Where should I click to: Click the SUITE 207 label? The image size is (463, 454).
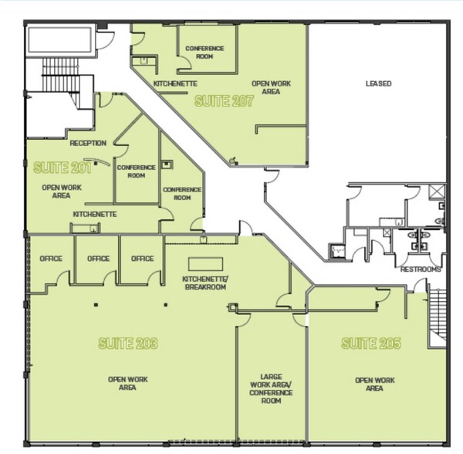tap(224, 101)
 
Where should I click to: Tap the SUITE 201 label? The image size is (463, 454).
tap(63, 168)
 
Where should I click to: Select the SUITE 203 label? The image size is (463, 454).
tap(128, 344)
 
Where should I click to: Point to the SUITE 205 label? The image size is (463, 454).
tap(371, 344)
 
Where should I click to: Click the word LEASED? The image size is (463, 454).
tap(379, 83)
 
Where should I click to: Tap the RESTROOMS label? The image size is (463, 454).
tap(421, 269)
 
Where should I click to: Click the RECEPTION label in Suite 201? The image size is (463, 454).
tap(88, 144)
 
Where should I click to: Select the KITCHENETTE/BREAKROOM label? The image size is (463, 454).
tap(205, 283)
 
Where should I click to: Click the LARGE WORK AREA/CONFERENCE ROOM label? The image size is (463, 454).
tap(271, 388)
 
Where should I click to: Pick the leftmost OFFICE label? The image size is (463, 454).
tap(51, 259)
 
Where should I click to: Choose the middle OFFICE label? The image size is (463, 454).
tap(98, 259)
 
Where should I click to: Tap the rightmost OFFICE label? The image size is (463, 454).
tap(142, 259)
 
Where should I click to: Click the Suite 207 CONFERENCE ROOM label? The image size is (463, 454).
tap(204, 53)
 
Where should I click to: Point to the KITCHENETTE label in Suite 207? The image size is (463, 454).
tap(175, 84)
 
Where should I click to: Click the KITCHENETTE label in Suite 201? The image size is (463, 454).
tap(95, 214)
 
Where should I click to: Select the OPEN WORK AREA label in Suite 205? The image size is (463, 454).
tap(375, 385)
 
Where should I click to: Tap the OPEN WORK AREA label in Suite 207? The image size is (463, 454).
tap(271, 87)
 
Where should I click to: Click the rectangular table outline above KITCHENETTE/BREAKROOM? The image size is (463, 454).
tap(205, 264)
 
